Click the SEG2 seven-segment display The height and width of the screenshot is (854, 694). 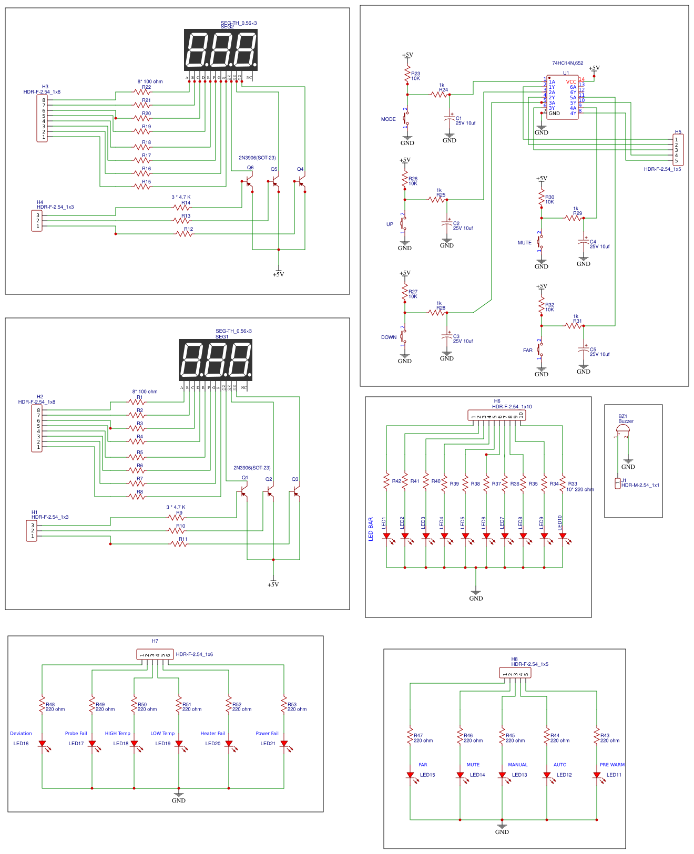point(221,49)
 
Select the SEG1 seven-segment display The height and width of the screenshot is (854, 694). point(216,359)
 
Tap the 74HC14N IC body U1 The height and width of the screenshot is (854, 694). point(563,98)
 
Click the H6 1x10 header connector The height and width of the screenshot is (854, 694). point(496,415)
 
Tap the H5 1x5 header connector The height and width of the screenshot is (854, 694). point(678,150)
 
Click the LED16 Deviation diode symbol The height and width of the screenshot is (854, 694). point(42,744)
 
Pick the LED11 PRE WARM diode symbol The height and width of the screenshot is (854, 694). point(597,775)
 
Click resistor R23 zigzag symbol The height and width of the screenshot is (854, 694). point(407,74)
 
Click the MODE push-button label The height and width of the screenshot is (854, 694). point(388,119)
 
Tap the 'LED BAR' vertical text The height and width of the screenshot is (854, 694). point(371,529)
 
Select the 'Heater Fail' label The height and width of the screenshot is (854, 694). point(212,733)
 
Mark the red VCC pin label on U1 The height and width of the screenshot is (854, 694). point(571,82)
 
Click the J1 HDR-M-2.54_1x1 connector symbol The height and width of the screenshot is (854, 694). point(618,483)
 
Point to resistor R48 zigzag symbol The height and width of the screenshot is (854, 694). point(42,705)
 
